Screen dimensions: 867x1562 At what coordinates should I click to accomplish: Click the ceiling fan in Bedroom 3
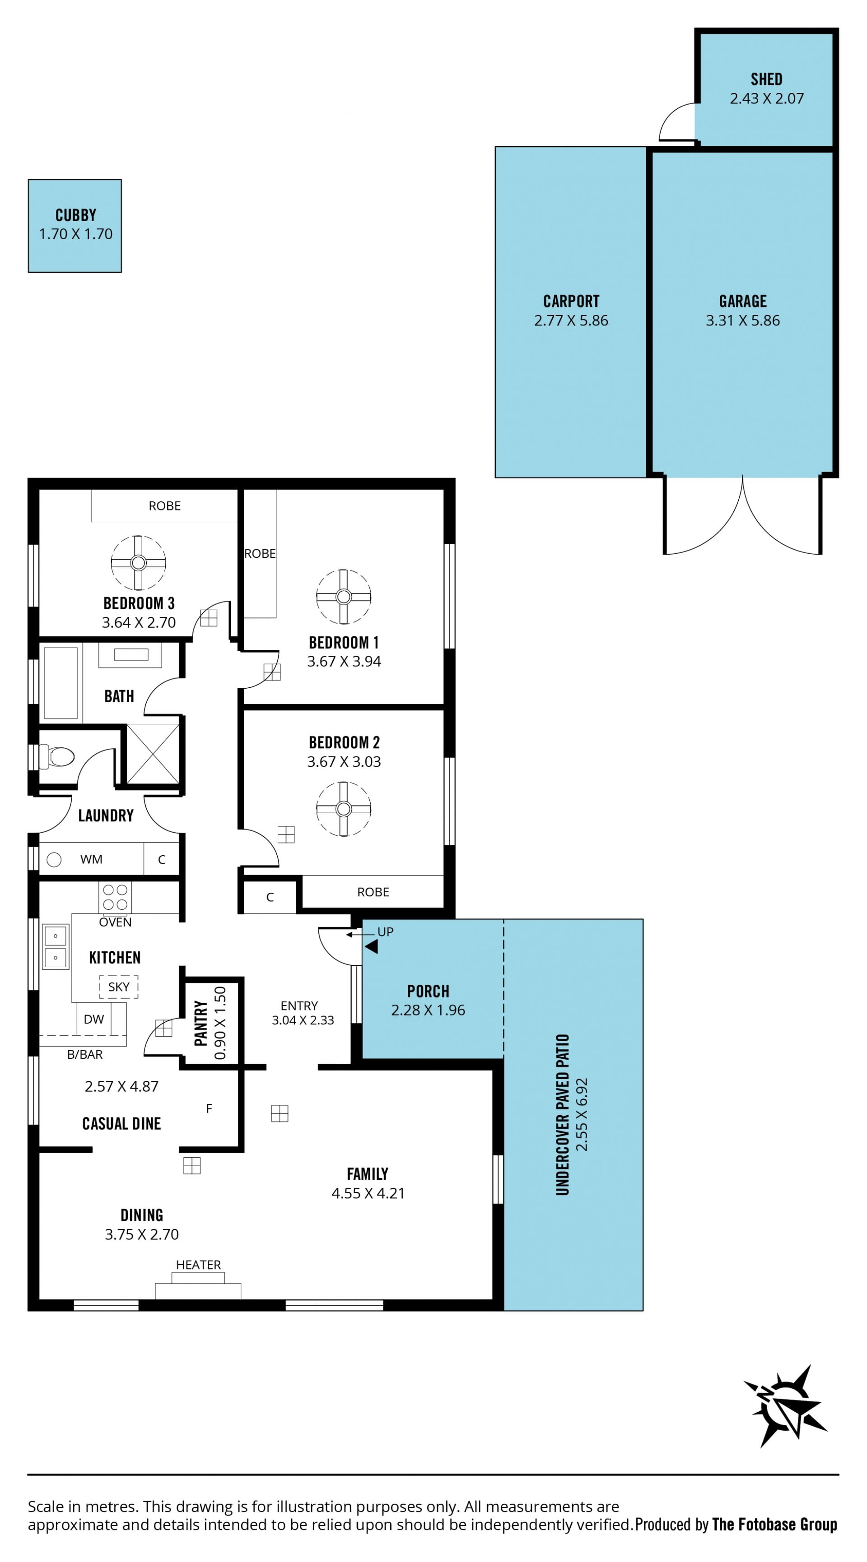coord(138,563)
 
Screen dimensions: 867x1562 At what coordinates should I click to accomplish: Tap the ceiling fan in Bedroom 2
coord(343,809)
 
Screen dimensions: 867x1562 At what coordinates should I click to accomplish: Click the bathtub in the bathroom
coord(61,683)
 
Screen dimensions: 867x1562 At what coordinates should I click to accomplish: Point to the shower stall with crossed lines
coord(153,754)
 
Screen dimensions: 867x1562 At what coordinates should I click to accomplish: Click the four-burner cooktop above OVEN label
coord(115,897)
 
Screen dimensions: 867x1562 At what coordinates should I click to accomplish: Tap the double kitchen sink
coord(55,947)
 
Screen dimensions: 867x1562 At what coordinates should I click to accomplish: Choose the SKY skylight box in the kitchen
coord(119,987)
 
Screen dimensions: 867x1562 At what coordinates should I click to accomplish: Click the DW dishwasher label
coord(94,1020)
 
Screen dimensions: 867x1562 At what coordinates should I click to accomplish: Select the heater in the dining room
coord(198,1285)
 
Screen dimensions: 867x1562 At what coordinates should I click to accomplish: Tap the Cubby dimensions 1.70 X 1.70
coord(76,234)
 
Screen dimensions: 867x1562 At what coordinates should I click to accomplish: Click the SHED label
coord(766,79)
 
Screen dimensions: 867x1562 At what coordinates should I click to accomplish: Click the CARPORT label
coord(571,301)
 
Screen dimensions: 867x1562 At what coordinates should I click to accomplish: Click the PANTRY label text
coord(201,1024)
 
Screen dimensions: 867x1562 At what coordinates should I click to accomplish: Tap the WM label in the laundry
coord(92,859)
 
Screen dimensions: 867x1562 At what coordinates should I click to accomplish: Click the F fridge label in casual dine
coord(210,1108)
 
